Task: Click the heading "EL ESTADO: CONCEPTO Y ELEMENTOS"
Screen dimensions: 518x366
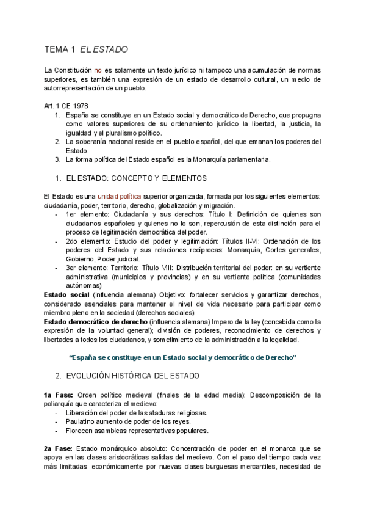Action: pyautogui.click(x=136, y=178)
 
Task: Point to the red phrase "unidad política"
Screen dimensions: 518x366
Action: pyautogui.click(x=120, y=196)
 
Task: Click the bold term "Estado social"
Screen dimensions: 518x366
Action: pyautogui.click(x=66, y=295)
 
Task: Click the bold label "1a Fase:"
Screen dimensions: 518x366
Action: pyautogui.click(x=59, y=395)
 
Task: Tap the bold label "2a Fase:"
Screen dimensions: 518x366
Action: pyautogui.click(x=59, y=448)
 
